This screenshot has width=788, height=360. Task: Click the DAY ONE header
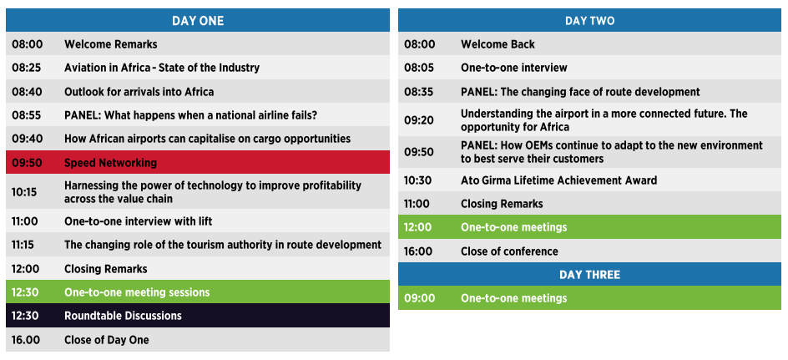click(x=198, y=21)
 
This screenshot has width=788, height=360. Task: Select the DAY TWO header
click(x=589, y=21)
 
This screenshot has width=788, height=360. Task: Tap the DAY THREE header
click(x=589, y=275)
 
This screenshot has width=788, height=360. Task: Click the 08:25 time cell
click(x=28, y=68)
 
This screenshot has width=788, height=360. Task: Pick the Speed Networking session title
click(x=110, y=163)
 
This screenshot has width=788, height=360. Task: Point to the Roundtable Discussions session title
click(x=123, y=316)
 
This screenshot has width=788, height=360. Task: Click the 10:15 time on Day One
click(x=24, y=192)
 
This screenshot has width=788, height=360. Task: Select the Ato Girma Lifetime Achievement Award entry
click(x=558, y=180)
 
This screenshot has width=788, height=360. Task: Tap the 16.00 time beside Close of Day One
click(x=26, y=340)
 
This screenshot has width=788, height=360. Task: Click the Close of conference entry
click(x=509, y=251)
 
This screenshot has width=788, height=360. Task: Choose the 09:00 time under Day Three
click(x=420, y=298)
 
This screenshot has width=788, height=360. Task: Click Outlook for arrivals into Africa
click(x=139, y=92)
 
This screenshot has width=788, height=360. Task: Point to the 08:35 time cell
click(x=419, y=92)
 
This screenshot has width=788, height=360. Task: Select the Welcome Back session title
click(x=498, y=44)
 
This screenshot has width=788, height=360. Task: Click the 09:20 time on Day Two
click(x=419, y=120)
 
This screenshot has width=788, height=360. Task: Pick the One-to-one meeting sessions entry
click(x=137, y=292)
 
